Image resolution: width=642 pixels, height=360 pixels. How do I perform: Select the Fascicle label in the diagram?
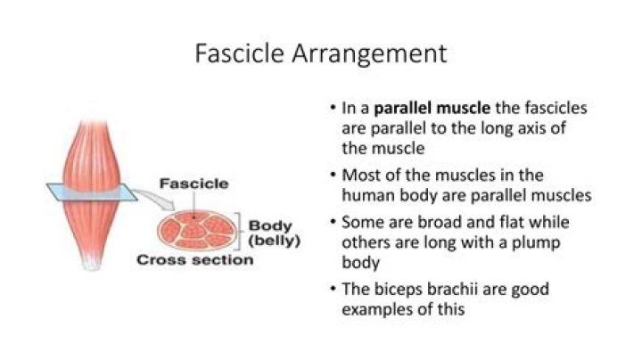(x=193, y=184)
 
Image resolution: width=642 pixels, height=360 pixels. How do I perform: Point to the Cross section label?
(x=194, y=260)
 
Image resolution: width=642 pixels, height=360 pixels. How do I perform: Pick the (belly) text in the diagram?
(x=273, y=241)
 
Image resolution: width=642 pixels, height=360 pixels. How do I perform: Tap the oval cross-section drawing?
(x=196, y=230)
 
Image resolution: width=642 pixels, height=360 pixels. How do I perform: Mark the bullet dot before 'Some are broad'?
(x=332, y=222)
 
